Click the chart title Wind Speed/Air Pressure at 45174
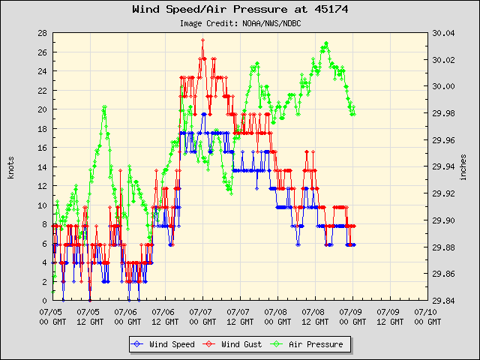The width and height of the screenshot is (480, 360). [239, 10]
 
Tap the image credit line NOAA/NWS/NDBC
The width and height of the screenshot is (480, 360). [239, 23]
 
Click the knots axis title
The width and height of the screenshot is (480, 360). [10, 166]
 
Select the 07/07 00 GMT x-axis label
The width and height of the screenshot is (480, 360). [202, 314]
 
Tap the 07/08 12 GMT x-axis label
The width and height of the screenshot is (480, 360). [315, 314]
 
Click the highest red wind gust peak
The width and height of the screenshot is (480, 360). [202, 40]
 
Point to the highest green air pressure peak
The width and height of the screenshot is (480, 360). [325, 43]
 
